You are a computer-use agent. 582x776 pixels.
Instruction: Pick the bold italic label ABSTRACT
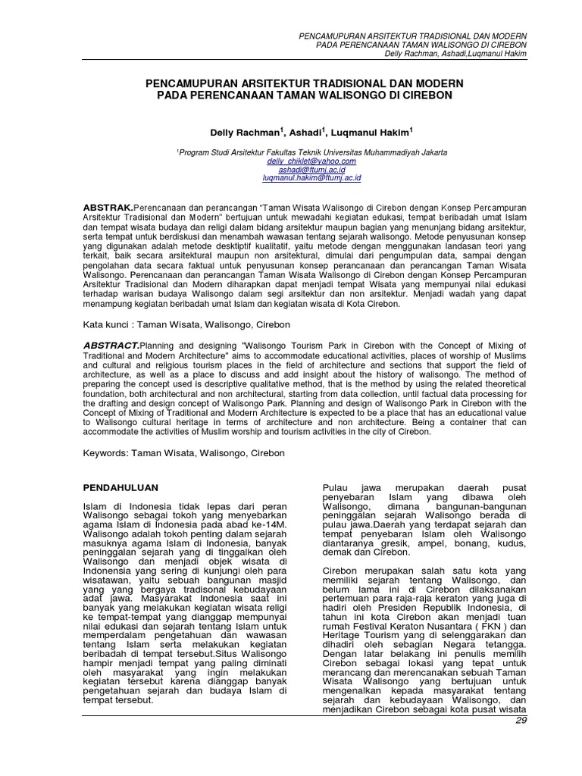[x=109, y=344]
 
